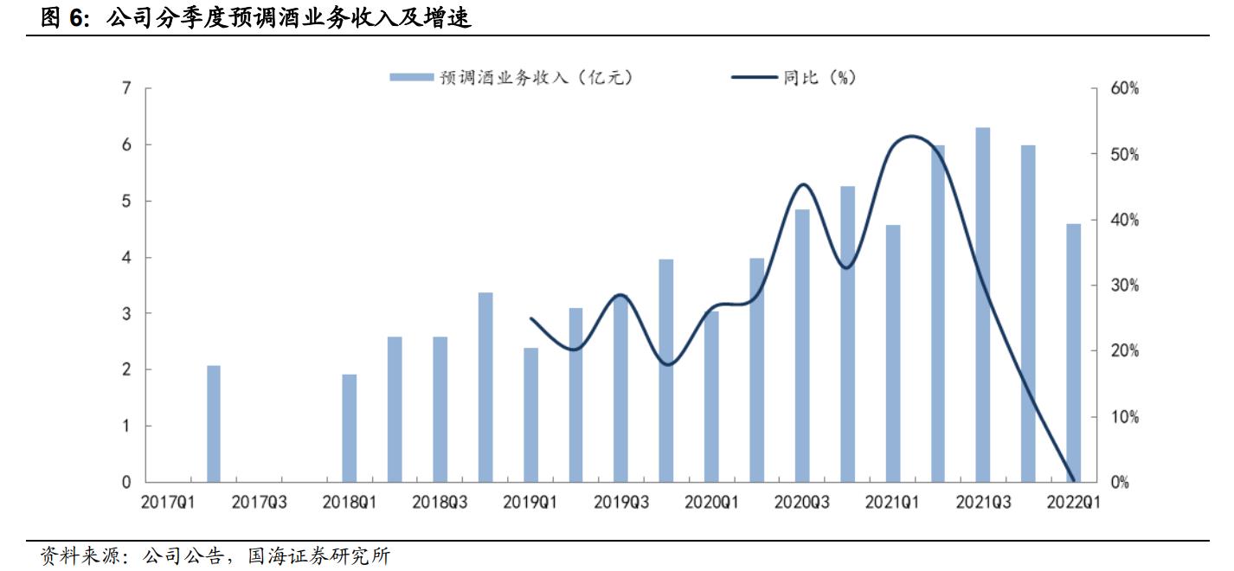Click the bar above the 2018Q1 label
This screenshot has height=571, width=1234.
coord(350,428)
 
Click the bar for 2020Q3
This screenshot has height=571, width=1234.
coord(802,346)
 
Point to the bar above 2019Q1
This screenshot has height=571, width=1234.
coord(530,415)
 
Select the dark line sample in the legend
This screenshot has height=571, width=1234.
coord(755,78)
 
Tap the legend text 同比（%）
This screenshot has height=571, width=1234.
coord(819,78)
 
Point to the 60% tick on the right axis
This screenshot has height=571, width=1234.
coord(1125,89)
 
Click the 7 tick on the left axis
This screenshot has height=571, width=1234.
coord(127,89)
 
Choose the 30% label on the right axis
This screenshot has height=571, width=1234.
coord(1125,286)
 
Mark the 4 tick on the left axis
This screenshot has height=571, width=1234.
coord(127,258)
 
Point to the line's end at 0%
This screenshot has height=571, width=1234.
coord(1073,480)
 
